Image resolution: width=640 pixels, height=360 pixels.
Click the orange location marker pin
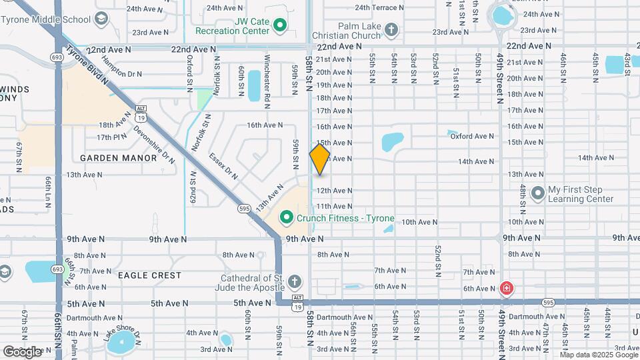click(319, 159)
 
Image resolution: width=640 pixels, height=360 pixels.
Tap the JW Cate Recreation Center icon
click(280, 25)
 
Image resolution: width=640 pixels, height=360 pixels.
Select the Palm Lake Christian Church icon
click(391, 29)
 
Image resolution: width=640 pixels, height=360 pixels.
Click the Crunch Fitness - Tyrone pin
click(287, 218)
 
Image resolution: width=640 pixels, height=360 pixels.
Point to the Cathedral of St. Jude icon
click(295, 281)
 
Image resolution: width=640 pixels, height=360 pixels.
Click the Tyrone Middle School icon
click(101, 19)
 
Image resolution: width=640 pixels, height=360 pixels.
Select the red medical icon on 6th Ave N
click(507, 289)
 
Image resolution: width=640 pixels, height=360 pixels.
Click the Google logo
click(22, 351)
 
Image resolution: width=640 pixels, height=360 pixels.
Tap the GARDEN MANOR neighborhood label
click(118, 158)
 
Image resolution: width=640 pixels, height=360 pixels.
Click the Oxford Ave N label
click(472, 136)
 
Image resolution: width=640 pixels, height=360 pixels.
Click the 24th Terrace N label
click(379, 7)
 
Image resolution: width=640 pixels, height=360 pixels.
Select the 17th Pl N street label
click(111, 137)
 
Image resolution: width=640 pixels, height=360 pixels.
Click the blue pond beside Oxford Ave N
click(393, 141)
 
